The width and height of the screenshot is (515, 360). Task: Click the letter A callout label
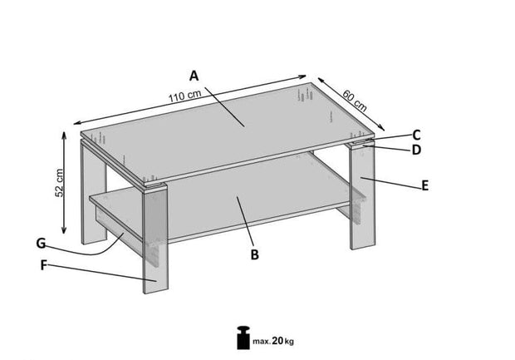click(194, 76)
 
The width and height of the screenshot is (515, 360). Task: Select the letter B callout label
click(256, 254)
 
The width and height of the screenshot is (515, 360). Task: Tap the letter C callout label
click(416, 134)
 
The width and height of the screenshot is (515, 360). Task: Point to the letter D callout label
click(416, 150)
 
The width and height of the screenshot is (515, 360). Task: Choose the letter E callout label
click(424, 185)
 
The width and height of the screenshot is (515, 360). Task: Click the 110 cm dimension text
click(185, 98)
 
